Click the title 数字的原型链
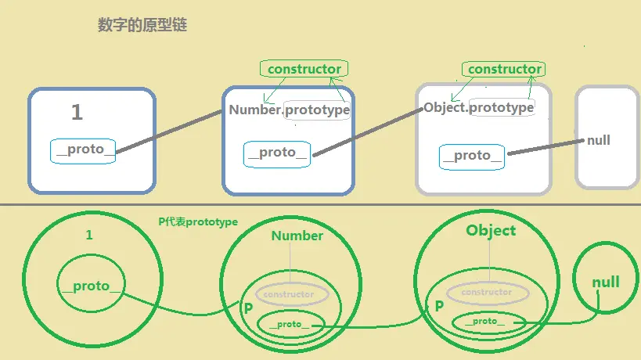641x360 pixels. [142, 26]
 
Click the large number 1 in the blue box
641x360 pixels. [76, 113]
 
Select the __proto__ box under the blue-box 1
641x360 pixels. [83, 150]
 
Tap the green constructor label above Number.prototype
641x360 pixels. [304, 69]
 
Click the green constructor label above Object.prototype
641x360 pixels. [505, 69]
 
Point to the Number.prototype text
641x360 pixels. [289, 110]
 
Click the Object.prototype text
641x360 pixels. [479, 107]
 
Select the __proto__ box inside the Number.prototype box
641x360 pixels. [278, 153]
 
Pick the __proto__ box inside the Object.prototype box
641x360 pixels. [472, 156]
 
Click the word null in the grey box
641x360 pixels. [599, 141]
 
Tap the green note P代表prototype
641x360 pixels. [198, 221]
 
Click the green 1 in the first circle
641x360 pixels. [88, 234]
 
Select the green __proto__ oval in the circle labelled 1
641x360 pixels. [90, 286]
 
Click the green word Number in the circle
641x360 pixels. [297, 236]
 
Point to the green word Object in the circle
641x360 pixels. [491, 230]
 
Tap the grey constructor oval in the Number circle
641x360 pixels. [289, 295]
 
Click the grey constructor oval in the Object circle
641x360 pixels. [487, 292]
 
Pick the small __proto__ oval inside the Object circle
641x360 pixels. [485, 321]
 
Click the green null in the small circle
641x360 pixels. [605, 282]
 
